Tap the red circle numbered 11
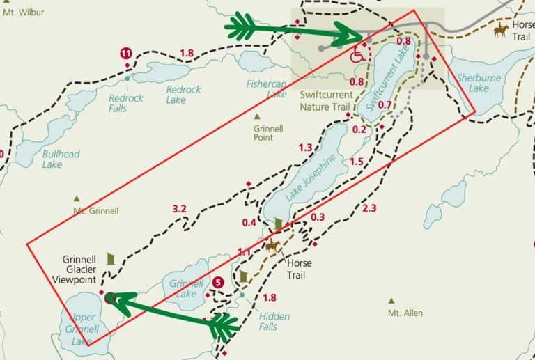click(x=126, y=53)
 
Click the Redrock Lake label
click(x=183, y=95)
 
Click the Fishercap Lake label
click(x=266, y=88)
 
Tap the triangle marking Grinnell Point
click(x=257, y=116)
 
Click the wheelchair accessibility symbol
click(x=357, y=54)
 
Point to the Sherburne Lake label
click(x=478, y=84)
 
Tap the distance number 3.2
click(x=179, y=208)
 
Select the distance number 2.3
click(x=369, y=208)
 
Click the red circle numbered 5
click(x=218, y=283)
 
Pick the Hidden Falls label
click(x=274, y=321)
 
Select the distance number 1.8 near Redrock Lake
click(x=186, y=54)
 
